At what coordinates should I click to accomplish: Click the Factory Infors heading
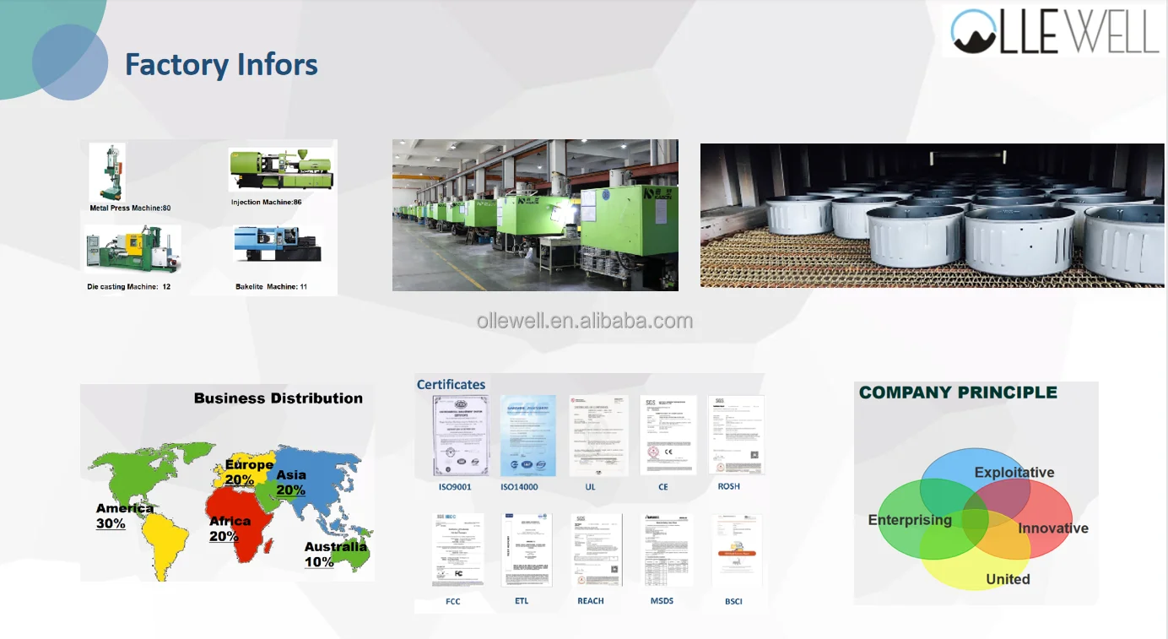[x=221, y=65]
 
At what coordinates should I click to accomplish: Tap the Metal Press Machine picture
[x=108, y=173]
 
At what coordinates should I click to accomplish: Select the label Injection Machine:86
[x=266, y=203]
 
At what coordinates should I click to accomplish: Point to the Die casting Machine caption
[x=129, y=287]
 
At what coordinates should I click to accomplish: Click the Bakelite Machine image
[x=278, y=245]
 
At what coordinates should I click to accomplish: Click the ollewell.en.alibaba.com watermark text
[x=584, y=321]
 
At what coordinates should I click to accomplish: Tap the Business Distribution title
[x=278, y=398]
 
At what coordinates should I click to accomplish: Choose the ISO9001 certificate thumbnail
[x=461, y=436]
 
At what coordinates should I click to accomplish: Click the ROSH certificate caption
[x=728, y=486]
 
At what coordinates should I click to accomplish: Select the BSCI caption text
[x=733, y=601]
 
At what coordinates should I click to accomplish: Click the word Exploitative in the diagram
[x=1014, y=473]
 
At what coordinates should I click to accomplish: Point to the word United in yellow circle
[x=1008, y=579]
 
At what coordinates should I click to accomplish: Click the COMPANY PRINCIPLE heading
[x=957, y=393]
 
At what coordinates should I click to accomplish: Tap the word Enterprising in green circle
[x=909, y=520]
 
